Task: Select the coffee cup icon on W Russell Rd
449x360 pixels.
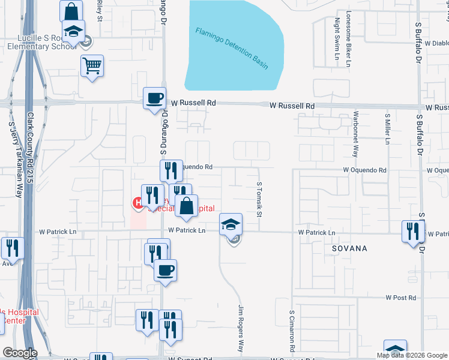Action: (154, 98)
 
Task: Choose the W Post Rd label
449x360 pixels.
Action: (401, 298)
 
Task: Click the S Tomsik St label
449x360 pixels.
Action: (259, 200)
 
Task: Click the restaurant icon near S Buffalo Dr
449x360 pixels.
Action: (412, 232)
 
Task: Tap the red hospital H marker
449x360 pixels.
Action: (137, 204)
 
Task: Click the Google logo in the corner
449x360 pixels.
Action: (20, 353)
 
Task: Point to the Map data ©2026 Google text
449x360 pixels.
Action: (412, 355)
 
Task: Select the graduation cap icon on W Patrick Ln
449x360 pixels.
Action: (231, 224)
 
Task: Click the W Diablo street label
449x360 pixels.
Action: (436, 43)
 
